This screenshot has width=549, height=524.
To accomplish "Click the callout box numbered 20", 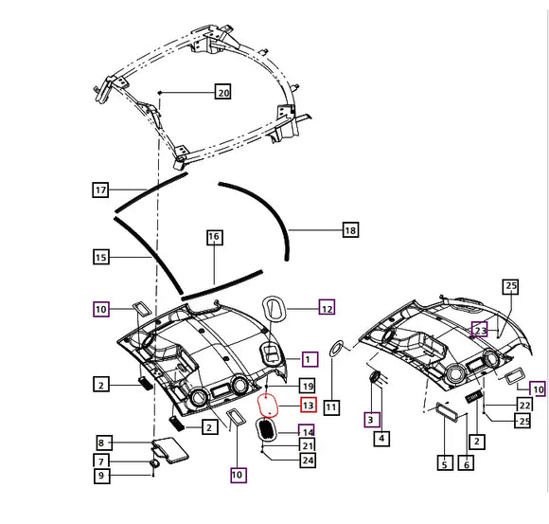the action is coord(223,92).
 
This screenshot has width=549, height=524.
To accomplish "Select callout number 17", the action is coord(100,190).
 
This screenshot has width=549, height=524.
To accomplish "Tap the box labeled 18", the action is coord(350,230).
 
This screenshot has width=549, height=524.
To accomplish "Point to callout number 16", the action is coord(215,237).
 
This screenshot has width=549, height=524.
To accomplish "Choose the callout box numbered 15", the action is coord(101,257).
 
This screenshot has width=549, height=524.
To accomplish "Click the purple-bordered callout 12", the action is coord(327,307).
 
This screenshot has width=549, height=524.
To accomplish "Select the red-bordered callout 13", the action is coord(309,405).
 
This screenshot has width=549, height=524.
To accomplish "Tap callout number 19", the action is coord(308,386).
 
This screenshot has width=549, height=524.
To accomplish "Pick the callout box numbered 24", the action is coord(308,460).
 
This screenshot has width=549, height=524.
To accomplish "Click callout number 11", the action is coord(331,407).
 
